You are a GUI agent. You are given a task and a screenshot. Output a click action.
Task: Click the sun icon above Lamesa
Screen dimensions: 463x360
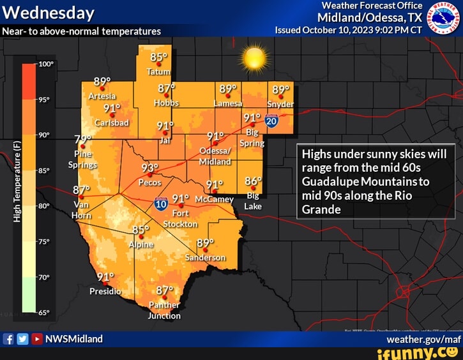click(x=254, y=59)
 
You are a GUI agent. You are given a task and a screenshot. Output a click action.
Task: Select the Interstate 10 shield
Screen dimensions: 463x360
click(x=160, y=204)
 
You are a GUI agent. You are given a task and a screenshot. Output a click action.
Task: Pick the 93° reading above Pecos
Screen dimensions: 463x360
click(x=149, y=168)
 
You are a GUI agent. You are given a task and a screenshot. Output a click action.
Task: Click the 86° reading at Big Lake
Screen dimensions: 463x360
click(x=253, y=181)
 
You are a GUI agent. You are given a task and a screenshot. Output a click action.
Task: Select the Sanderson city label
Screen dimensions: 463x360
click(x=206, y=258)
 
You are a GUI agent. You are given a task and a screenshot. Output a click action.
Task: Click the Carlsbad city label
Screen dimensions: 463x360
click(x=112, y=122)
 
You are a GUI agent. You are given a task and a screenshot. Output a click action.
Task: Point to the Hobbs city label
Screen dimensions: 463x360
click(x=167, y=103)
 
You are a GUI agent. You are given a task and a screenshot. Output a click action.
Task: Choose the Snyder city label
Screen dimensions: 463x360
click(x=280, y=104)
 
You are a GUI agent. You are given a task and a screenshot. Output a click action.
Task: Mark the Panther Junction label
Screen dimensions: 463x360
click(x=164, y=310)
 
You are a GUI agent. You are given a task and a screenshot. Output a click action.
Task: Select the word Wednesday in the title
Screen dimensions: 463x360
click(x=49, y=12)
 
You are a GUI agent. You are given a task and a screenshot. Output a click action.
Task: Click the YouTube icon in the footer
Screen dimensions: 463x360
click(x=37, y=339)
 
